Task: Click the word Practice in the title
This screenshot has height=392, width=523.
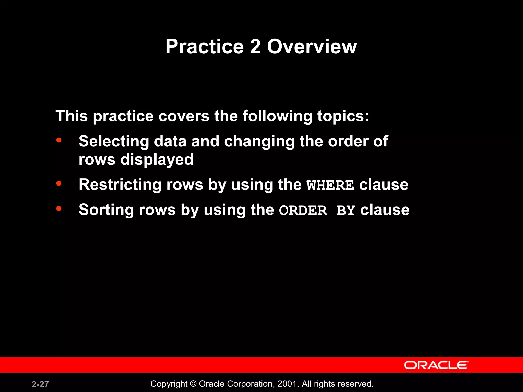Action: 205,46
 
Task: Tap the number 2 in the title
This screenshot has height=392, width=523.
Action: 255,46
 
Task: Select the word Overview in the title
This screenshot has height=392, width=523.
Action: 312,46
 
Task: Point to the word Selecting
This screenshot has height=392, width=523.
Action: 114,141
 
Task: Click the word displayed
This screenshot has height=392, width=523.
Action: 157,160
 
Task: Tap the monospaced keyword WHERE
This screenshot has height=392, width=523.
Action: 330,185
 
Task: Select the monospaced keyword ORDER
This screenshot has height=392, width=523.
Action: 303,211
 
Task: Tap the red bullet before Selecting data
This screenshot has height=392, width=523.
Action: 59,140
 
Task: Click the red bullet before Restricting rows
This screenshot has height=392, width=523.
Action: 59,183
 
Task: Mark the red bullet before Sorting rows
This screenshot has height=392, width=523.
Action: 59,209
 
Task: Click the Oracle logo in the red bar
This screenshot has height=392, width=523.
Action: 436,365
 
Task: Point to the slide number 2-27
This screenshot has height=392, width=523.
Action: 40,384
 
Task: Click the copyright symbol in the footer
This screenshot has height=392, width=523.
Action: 193,384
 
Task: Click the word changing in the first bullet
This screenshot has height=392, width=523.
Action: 259,142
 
